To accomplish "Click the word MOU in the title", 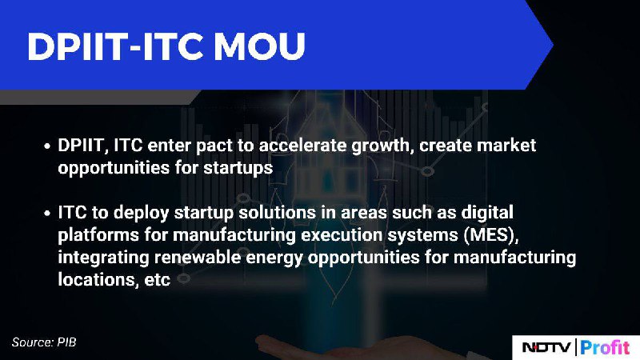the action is [x=259, y=46].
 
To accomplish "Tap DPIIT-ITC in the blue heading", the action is [x=115, y=46].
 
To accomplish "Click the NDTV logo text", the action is [x=546, y=347].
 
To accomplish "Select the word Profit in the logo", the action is [x=605, y=347].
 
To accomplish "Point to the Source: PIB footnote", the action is [x=44, y=342].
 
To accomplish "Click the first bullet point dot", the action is [x=48, y=146].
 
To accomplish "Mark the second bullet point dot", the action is [x=48, y=213].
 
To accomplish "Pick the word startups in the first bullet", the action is [x=238, y=168].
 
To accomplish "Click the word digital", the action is [x=487, y=213].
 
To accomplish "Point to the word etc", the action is [x=157, y=280].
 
